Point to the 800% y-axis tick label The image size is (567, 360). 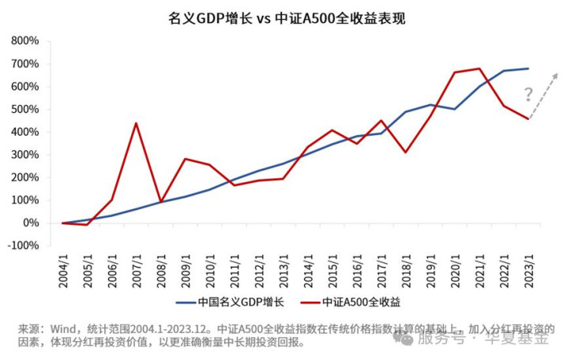[24, 41]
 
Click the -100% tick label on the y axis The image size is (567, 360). [23, 246]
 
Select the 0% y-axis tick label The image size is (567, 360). [30, 223]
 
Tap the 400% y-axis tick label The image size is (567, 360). [24, 132]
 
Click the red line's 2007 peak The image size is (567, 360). [137, 123]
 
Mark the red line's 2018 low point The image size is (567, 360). [406, 152]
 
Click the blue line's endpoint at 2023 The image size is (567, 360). [528, 69]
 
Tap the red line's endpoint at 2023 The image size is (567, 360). [528, 119]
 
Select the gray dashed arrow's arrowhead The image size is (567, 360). [555, 75]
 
